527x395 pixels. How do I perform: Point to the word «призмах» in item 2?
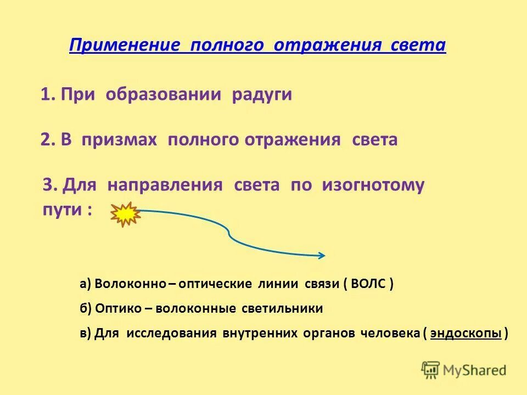tap(119, 140)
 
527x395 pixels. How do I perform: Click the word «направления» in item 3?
tap(165, 185)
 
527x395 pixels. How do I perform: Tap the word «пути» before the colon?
tap(61, 210)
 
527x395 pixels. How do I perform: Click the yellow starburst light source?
tap(126, 214)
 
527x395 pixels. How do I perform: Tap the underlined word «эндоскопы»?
tap(466, 333)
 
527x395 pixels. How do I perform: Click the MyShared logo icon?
tap(430, 370)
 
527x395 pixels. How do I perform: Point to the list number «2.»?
tap(48, 140)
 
